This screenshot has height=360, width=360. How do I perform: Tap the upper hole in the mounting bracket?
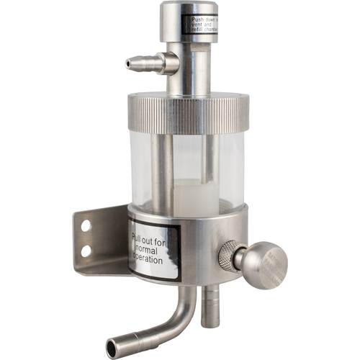pyautogui.click(x=86, y=226)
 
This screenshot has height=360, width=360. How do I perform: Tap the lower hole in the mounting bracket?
pyautogui.click(x=86, y=251)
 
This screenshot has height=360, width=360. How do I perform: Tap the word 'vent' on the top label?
pyautogui.click(x=190, y=23)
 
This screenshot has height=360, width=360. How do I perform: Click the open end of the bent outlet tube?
pyautogui.click(x=112, y=348)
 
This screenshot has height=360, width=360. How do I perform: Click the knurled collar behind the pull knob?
pyautogui.click(x=228, y=256)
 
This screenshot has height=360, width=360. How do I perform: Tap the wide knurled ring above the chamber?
pyautogui.click(x=188, y=114)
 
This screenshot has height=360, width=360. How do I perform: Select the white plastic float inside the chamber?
pyautogui.click(x=195, y=196)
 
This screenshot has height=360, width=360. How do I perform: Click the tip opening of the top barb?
pyautogui.click(x=128, y=64)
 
